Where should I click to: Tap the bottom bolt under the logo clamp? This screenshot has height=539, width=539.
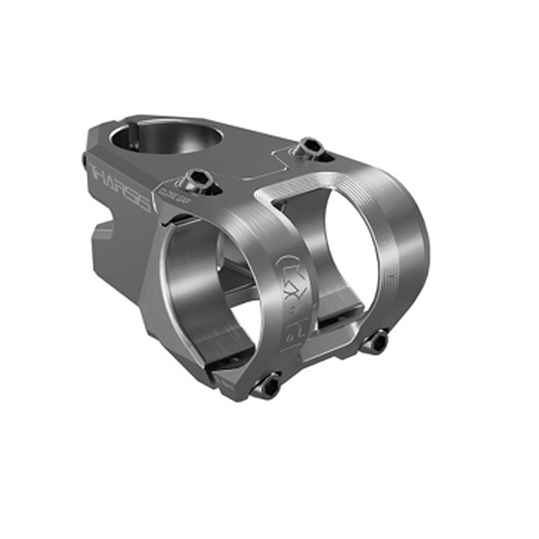click(268, 384)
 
